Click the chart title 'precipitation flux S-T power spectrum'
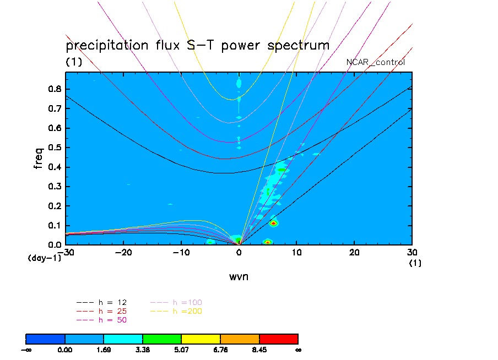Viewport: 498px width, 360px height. point(197,45)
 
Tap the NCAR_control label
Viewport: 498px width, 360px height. point(375,62)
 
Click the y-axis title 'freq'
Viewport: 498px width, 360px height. point(39,157)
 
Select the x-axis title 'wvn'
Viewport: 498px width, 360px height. point(239,276)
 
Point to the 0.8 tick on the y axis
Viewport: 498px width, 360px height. point(55,89)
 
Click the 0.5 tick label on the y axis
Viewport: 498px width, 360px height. point(55,148)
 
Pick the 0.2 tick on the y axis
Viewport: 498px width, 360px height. point(55,206)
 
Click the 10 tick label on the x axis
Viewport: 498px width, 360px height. point(297,252)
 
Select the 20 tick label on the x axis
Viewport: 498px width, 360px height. point(355,252)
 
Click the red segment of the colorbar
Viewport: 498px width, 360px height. point(279,338)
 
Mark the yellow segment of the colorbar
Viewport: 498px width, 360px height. point(201,338)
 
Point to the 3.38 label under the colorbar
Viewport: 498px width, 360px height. point(143,349)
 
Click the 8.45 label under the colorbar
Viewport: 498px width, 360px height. point(259,349)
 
